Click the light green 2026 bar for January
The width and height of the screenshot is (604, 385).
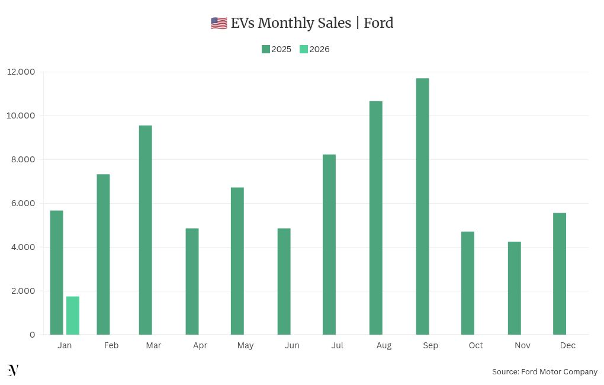[x=73, y=315]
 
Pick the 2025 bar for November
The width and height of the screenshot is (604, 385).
[x=514, y=288]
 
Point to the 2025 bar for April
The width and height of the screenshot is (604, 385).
[x=192, y=281]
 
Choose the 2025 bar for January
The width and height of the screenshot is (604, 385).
[x=56, y=272]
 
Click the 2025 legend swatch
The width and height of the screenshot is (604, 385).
[x=266, y=49]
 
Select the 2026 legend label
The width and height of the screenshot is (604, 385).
[x=320, y=49]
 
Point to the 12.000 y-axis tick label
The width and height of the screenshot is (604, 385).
[x=21, y=72]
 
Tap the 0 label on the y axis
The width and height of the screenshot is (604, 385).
[x=32, y=335]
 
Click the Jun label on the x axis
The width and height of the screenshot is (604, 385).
[x=292, y=345]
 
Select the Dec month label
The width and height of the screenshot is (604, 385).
[x=567, y=345]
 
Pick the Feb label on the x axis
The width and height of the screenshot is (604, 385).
[x=111, y=345]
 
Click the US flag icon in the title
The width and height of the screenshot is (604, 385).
[x=219, y=23]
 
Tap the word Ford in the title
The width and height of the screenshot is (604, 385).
[x=378, y=23]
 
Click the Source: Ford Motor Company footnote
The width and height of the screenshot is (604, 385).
[x=544, y=371]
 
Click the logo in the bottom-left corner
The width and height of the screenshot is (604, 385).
[x=13, y=370]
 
